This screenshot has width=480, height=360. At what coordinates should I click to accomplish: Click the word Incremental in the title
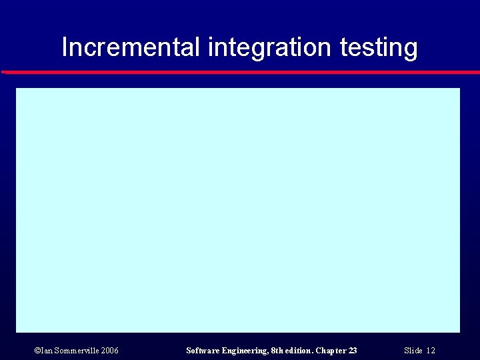pyautogui.click(x=131, y=47)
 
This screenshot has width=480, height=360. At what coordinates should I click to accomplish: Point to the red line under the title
pyautogui.click(x=240, y=71)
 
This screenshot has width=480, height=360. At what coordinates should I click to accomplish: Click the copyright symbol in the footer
pyautogui.click(x=37, y=351)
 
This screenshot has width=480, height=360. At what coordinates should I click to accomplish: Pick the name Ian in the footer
pyautogui.click(x=45, y=351)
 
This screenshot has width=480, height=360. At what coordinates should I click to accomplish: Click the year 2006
pyautogui.click(x=110, y=351)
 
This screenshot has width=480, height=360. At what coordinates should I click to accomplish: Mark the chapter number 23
pyautogui.click(x=353, y=351)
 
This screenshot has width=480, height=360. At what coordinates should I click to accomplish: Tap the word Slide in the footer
pyautogui.click(x=413, y=351)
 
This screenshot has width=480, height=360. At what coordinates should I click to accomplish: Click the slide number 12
pyautogui.click(x=431, y=351)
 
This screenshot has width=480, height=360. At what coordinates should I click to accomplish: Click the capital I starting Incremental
pyautogui.click(x=65, y=47)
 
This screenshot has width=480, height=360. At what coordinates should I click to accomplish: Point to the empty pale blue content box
pyautogui.click(x=238, y=210)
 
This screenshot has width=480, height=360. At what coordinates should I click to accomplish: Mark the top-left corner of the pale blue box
pyautogui.click(x=17, y=89)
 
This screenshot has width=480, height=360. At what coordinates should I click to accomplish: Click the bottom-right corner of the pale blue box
pyautogui.click(x=459, y=331)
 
